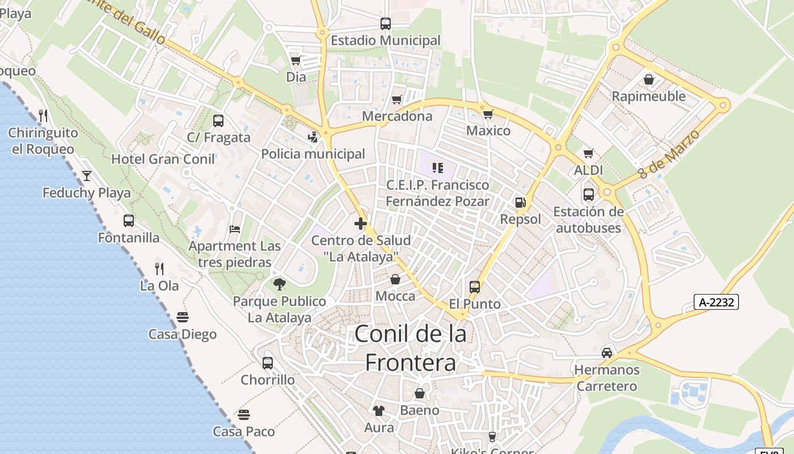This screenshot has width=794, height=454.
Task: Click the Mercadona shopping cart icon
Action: (397, 100)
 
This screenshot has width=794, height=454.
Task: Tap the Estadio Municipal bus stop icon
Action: (386, 24)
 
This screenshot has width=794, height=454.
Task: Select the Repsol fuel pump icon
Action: (520, 202)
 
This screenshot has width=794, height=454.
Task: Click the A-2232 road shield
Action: (716, 302)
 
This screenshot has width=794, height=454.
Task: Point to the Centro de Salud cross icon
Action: (361, 224)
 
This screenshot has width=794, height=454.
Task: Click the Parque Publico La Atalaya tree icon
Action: (279, 284)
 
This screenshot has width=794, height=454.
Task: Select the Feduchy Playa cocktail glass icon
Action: (87, 176)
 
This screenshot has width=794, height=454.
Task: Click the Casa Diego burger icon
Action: (182, 317)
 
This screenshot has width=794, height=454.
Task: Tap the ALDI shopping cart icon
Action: (589, 153)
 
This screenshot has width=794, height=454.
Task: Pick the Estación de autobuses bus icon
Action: (589, 195)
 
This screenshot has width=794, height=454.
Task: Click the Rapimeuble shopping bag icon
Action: (649, 79)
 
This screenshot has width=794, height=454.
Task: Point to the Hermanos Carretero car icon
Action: (607, 353)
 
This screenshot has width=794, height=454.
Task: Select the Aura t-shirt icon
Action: (379, 410)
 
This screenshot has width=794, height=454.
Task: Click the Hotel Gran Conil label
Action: (163, 159)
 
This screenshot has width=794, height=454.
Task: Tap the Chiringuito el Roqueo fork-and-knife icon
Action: (43, 116)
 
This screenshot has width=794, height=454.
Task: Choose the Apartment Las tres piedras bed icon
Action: (235, 229)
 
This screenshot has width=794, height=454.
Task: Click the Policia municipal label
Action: (313, 154)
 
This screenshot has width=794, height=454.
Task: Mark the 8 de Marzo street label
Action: (669, 154)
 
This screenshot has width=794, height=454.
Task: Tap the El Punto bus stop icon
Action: (475, 287)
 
